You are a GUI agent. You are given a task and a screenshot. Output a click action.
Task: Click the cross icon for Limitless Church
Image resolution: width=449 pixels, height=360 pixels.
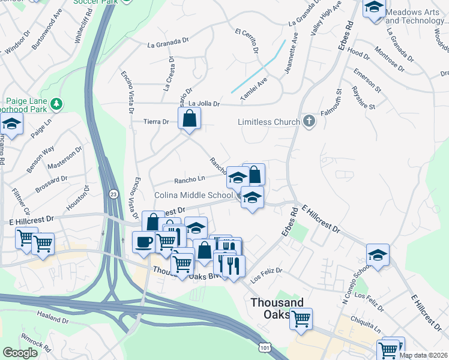click(x=309, y=122)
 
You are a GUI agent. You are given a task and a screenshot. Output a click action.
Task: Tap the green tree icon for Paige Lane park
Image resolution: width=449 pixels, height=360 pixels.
click(x=56, y=104)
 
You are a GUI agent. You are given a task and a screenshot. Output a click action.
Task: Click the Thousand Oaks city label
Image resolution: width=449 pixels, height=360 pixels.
click(x=277, y=308)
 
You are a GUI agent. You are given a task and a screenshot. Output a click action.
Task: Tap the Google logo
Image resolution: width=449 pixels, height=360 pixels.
click(x=20, y=353)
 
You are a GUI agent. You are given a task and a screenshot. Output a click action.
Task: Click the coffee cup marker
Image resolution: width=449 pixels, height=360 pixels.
click(x=143, y=242)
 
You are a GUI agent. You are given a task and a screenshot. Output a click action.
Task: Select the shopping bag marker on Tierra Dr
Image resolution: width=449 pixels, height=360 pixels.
click(x=189, y=119)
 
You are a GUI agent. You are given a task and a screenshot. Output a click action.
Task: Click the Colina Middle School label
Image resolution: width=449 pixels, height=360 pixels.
click(x=194, y=195)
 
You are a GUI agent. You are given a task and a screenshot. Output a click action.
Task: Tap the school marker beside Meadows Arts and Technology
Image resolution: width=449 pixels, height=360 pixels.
click(x=374, y=8)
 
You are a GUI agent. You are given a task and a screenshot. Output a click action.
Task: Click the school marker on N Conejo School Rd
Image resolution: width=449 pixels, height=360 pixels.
click(x=378, y=254)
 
